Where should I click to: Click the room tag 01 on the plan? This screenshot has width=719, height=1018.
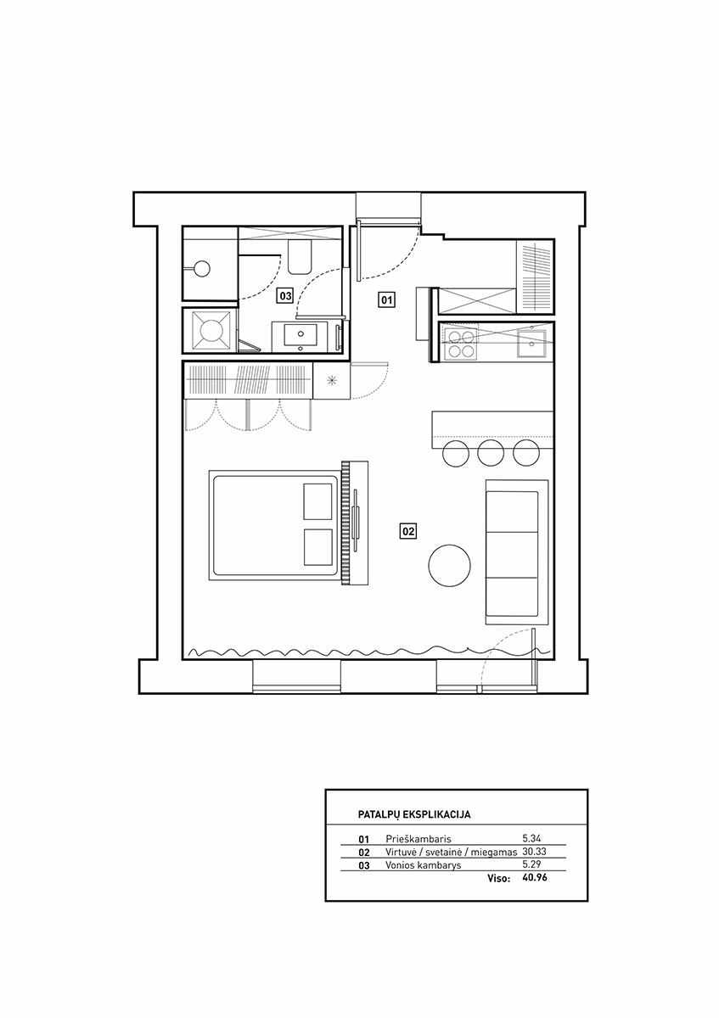pos(386,299)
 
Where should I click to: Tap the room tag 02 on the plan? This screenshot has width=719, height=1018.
pos(408,530)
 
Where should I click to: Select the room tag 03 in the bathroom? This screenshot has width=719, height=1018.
pos(285,296)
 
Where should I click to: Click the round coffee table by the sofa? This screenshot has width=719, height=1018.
pos(449,565)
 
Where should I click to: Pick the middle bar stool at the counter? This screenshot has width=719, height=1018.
pos(492,452)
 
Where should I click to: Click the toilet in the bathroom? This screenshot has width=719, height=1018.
pos(300,257)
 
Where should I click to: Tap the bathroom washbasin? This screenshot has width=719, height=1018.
pos(301,336)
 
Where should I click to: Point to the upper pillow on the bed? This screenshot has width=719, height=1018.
pos(317,501)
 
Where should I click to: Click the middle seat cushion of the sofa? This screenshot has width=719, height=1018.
pos(512,555)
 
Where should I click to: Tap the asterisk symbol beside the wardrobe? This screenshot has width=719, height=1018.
pos(332,380)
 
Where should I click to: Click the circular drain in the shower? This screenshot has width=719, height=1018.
pos(202,269)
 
